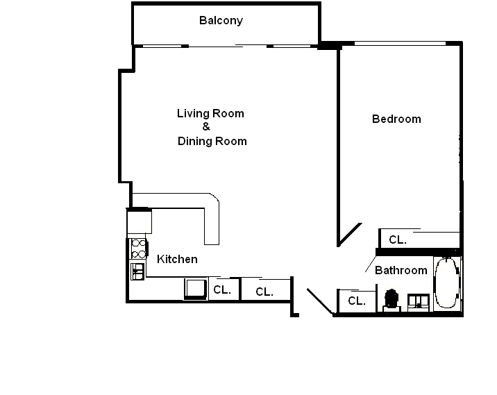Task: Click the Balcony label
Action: pos(221,21)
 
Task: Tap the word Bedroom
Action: pos(396,119)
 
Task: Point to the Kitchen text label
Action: pos(177,260)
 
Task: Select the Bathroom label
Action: pos(401,271)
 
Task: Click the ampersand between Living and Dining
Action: pos(206,127)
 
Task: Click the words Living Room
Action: pos(210,113)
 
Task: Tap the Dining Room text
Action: pos(212,141)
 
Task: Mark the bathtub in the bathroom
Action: pos(447,283)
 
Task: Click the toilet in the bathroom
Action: pos(391,300)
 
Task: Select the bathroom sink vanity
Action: pos(419,303)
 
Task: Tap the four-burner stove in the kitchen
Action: pos(139,249)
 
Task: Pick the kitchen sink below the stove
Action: pos(137,271)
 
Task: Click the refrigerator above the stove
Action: pos(140,221)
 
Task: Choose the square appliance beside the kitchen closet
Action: pos(196,289)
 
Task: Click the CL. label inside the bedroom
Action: pos(398,240)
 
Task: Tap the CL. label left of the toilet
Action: pos(357,301)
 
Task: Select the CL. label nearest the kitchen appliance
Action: pos(222,289)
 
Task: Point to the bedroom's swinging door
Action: pos(350,234)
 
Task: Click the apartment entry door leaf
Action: pos(320,301)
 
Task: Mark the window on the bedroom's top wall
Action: pos(400,44)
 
